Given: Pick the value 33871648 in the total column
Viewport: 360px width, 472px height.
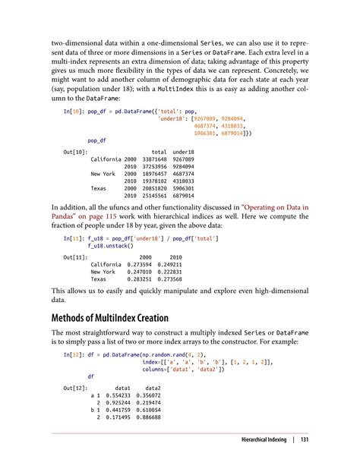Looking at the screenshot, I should pos(154,159).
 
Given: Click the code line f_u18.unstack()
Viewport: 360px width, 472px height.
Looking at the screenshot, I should pos(111,245).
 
